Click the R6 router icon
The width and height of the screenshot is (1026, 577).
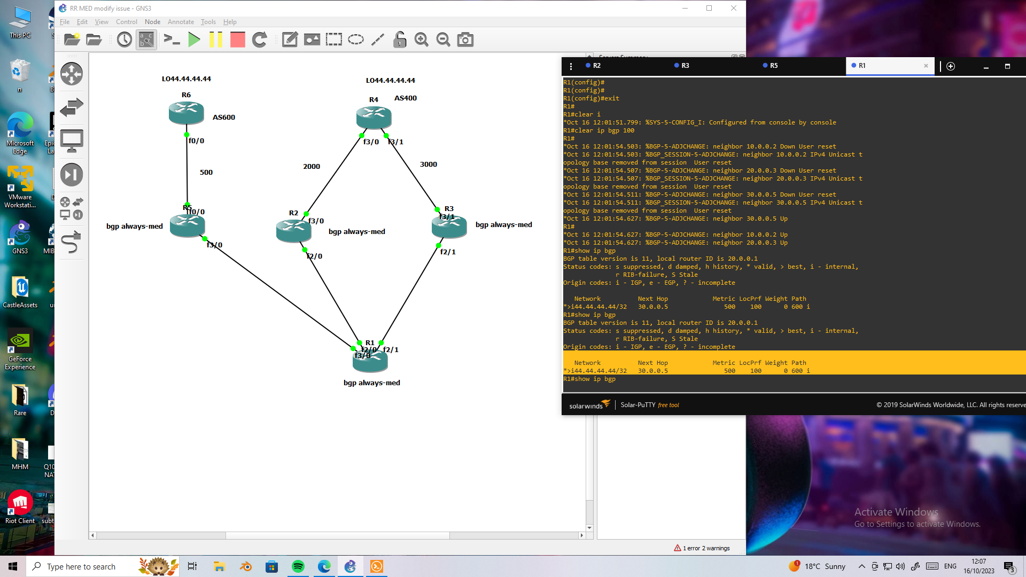pos(186,113)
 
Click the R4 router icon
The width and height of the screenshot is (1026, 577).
pos(374,118)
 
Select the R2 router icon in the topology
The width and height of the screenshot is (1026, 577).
pos(293,231)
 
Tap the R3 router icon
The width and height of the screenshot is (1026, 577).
pos(449,227)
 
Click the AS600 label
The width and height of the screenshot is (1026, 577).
pos(224,118)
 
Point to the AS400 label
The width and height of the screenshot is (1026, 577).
pos(406,98)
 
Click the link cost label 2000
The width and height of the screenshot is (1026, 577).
pos(312,167)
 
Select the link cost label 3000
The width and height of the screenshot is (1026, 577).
pos(429,165)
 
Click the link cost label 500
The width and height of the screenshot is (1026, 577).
pos(206,173)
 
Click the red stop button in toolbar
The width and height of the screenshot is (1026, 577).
pos(238,40)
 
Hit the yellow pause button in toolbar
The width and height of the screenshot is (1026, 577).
pos(216,40)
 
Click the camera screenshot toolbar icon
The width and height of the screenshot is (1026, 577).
pos(465,40)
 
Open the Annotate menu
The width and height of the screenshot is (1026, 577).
pos(181,22)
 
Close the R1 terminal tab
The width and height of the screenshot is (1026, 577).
pos(926,66)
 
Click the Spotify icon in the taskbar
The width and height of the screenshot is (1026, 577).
pos(298,566)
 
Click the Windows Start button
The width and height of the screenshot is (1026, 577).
pos(13,566)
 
